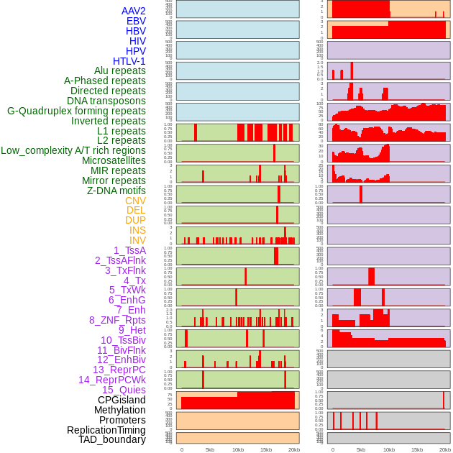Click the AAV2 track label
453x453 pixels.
(x=134, y=11)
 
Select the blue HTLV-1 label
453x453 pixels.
(x=129, y=61)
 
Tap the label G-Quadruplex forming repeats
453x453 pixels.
(x=76, y=111)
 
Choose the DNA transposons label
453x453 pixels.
(x=106, y=101)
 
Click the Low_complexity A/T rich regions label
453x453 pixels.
(x=73, y=150)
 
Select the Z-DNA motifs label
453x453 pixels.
(x=116, y=191)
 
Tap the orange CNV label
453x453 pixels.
(x=135, y=201)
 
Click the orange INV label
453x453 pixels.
(x=137, y=240)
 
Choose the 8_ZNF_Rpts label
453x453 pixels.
(x=117, y=320)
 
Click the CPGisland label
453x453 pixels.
(x=122, y=400)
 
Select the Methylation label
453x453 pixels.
(x=115, y=410)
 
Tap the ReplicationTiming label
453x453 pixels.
(x=106, y=430)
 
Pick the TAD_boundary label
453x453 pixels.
(x=112, y=439)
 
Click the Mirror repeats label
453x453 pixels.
(x=114, y=180)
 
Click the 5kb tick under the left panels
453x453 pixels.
(x=210, y=449)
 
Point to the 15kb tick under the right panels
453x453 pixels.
(x=417, y=449)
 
